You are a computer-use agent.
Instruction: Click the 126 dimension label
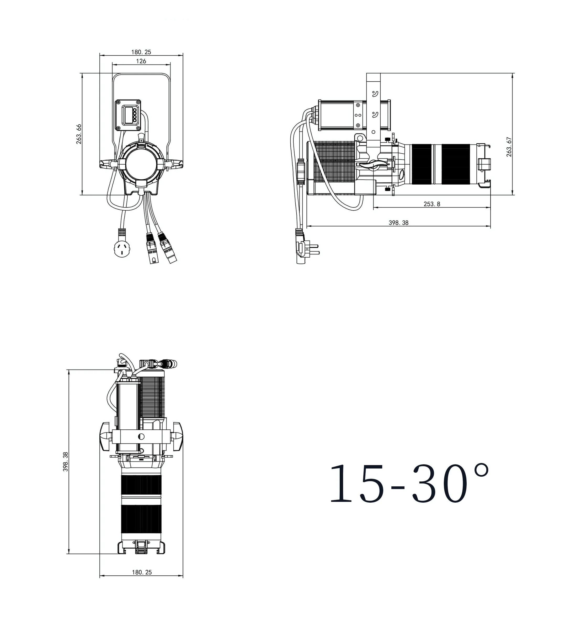coord(141,61)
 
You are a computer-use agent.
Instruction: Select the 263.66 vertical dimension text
coord(79,134)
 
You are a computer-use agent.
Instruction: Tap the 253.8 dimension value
coord(432,204)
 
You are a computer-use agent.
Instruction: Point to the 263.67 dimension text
coord(509,147)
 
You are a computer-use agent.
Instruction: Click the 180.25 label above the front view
coord(141,52)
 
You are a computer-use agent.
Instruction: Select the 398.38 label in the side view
coord(399,223)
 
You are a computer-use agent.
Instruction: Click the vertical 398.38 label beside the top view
coord(66,462)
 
